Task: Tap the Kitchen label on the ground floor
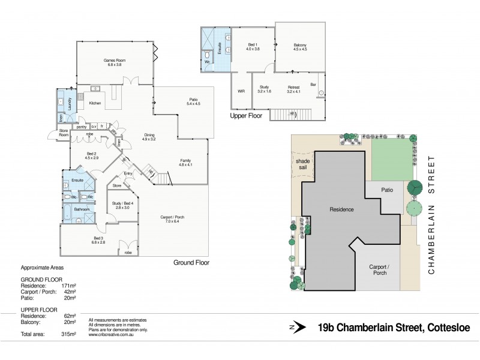click(95, 104)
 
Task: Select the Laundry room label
click(71, 102)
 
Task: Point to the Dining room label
click(149, 137)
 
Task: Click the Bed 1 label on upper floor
click(253, 47)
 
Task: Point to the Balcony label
click(300, 47)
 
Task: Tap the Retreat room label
click(293, 90)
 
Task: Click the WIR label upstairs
click(241, 92)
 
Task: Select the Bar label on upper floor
click(313, 85)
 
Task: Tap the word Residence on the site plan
click(341, 209)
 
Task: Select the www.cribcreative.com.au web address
click(111, 335)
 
